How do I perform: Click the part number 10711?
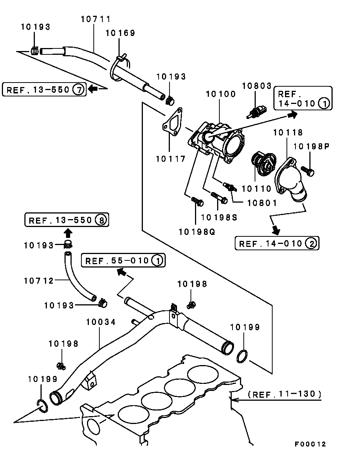96,19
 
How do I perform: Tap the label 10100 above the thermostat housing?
220,94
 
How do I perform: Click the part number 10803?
256,86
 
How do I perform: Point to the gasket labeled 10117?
172,123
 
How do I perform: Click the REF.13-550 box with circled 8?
67,220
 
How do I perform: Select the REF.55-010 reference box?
123,260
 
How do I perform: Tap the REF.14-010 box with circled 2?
277,244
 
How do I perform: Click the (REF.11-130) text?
285,394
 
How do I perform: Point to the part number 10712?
39,280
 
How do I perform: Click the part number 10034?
101,322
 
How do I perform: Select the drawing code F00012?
310,444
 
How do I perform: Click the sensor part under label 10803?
256,110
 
